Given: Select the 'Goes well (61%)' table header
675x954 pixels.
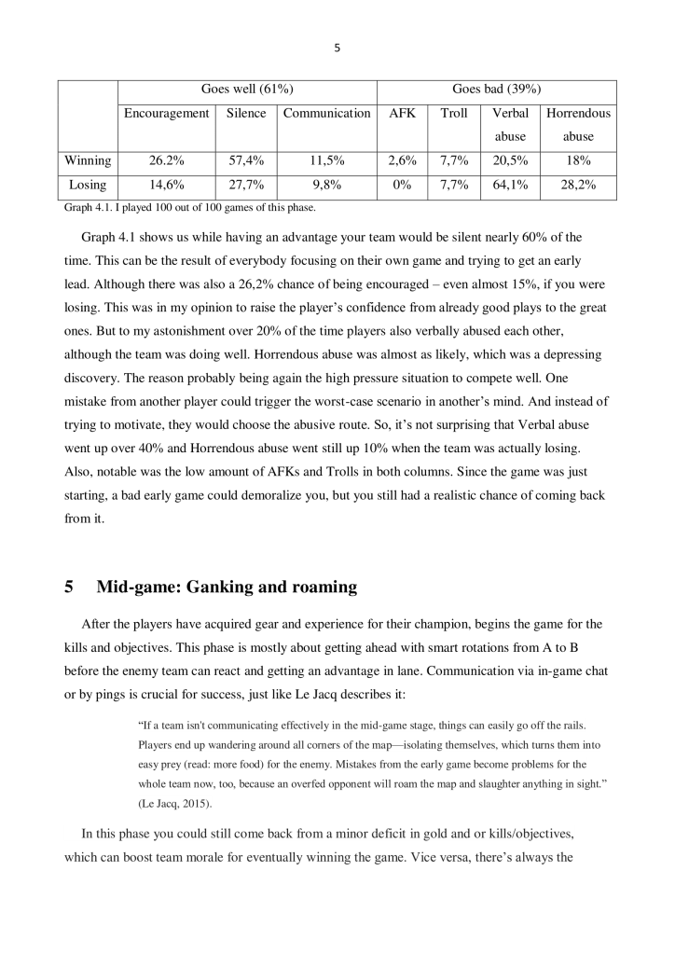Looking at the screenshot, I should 247,90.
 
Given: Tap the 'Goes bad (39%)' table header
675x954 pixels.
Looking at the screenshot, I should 496,90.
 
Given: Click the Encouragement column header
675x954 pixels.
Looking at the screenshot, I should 167,113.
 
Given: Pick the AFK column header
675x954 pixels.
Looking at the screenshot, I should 402,113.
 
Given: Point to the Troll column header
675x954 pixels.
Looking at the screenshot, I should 453,113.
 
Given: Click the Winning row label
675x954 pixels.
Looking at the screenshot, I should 88,160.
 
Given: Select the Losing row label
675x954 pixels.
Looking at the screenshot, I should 88,185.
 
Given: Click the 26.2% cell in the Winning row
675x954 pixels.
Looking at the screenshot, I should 167,160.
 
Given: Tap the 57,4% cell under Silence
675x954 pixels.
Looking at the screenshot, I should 246,160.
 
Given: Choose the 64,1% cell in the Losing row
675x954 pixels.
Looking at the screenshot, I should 510,185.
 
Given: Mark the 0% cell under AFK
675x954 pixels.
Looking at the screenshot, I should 402,185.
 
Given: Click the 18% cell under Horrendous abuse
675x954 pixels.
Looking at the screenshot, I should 578,160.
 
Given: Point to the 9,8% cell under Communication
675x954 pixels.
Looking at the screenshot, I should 326,185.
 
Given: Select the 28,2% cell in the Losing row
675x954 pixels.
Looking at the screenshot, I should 578,185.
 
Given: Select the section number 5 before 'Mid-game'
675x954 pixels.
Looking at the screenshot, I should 69,588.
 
